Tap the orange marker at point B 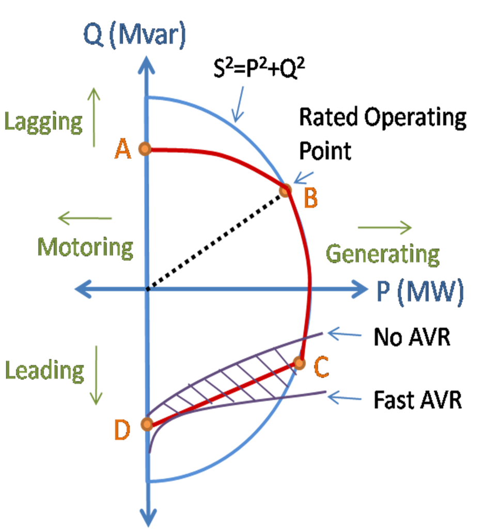[285, 190]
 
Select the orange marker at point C [298, 364]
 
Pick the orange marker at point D [147, 425]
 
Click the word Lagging [43, 121]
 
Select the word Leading [44, 370]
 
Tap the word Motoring [85, 247]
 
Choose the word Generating [382, 254]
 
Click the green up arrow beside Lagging [94, 117]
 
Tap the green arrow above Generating [385, 227]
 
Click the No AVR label [412, 338]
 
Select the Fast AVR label [417, 400]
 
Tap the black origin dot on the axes [147, 289]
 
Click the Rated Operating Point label [382, 134]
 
